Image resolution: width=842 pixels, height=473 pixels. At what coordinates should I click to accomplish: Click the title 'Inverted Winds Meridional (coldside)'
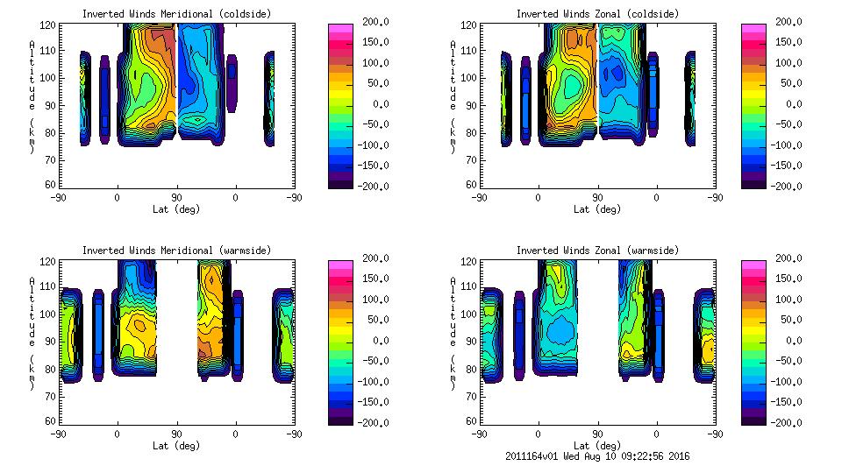(176, 14)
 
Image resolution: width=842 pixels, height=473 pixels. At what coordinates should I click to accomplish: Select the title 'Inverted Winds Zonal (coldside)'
(597, 14)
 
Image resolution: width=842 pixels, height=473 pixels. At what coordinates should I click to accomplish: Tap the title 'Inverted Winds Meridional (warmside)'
(176, 251)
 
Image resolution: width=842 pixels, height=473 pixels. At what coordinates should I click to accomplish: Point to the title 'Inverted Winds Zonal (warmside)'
(597, 251)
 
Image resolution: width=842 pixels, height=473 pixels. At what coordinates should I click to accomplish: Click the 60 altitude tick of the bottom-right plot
(466, 421)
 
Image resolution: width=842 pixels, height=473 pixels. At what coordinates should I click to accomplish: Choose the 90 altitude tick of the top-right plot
(466, 105)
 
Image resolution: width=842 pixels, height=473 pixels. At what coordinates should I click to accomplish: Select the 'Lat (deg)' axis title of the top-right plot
(597, 209)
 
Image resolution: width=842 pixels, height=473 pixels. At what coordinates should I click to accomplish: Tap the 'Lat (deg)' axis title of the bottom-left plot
(176, 445)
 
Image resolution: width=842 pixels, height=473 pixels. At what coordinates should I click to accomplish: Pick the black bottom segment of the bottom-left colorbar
(340, 419)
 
